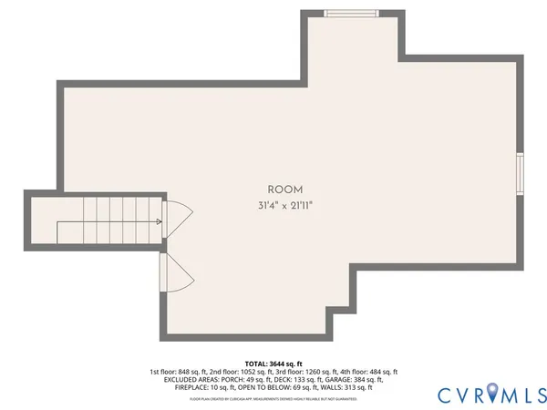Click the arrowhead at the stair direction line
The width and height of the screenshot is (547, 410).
(x=160, y=221)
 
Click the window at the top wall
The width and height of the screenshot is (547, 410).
(x=352, y=13)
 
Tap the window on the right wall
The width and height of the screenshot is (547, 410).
(x=520, y=174)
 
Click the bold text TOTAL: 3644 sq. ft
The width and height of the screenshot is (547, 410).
(x=273, y=364)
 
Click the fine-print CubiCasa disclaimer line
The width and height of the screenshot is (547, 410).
(x=273, y=399)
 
